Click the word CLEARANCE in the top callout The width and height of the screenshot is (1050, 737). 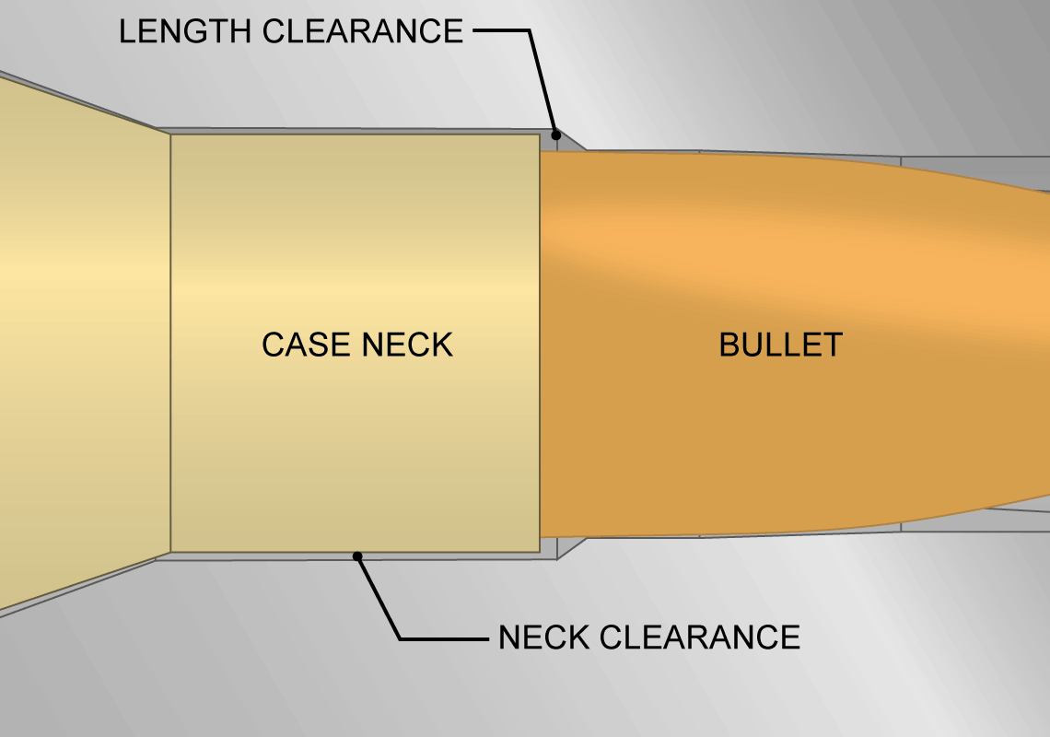point(363,31)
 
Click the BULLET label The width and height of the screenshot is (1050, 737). point(780,345)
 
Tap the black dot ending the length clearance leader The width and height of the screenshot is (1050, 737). point(555,135)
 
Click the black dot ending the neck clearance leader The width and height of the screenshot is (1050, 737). point(358,556)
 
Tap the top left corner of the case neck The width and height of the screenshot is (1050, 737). point(171,135)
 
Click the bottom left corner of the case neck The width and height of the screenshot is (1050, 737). point(171,552)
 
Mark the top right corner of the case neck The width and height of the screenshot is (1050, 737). point(539,135)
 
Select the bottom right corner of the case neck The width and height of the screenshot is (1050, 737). point(539,552)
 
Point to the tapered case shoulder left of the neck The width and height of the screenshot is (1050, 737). point(83,341)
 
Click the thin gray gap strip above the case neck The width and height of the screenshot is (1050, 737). point(350,131)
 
